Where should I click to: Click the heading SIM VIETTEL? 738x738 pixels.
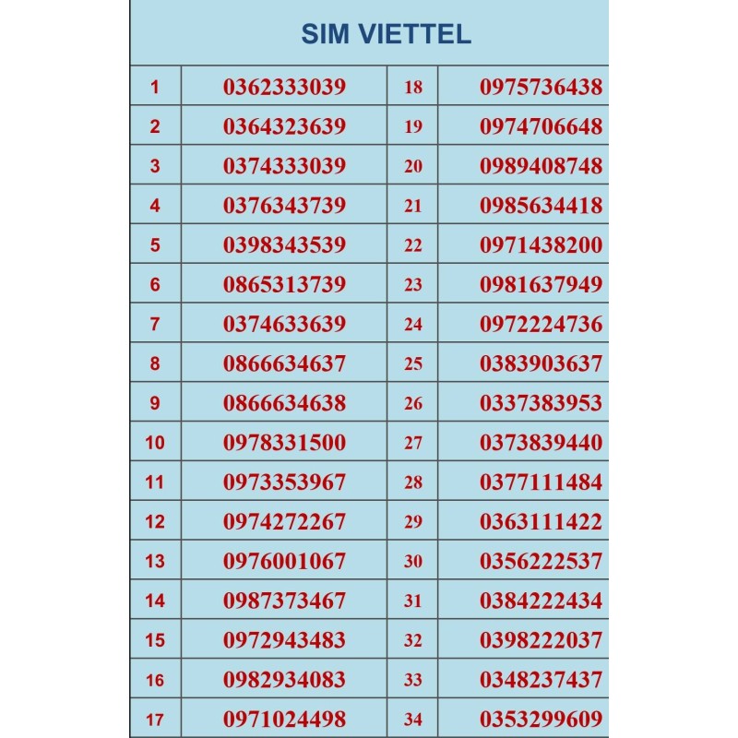tap(386, 34)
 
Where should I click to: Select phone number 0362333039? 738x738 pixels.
tap(284, 88)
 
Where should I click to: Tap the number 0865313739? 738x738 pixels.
tap(284, 285)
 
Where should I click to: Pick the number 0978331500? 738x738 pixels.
tap(284, 443)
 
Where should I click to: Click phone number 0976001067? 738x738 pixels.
tap(284, 561)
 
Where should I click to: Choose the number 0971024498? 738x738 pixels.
tap(284, 720)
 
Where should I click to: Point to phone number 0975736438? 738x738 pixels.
tap(541, 88)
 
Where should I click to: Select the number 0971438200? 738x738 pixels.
tap(541, 245)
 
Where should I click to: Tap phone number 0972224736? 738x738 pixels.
tap(541, 325)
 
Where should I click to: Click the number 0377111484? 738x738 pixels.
tap(541, 482)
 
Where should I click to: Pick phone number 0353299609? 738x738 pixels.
tap(541, 720)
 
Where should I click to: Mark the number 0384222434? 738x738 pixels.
tap(541, 601)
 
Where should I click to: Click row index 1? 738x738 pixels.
tap(154, 88)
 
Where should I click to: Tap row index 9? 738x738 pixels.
tap(154, 403)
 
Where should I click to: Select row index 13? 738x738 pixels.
tap(154, 561)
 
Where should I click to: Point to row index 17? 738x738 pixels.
tap(154, 720)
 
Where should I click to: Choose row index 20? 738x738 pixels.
tap(412, 167)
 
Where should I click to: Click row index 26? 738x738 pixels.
tap(412, 403)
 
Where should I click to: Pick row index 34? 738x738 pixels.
tap(412, 720)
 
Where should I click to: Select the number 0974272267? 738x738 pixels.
tap(284, 522)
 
